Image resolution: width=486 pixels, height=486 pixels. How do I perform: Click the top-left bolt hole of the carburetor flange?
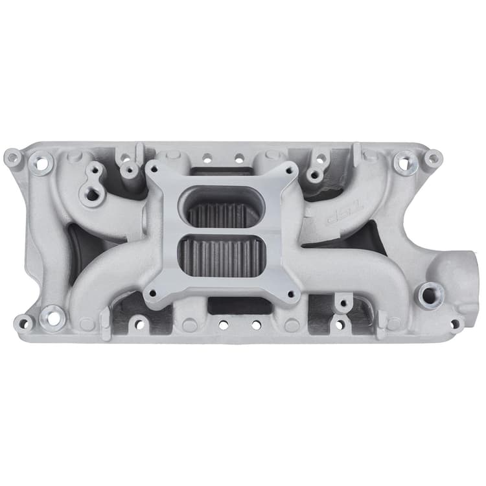pos(156,170)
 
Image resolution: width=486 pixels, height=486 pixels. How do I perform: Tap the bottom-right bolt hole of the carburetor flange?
pos(291,296)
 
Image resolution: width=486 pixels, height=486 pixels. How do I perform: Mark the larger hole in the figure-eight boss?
pos(91,194)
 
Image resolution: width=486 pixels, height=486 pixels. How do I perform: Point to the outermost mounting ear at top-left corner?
pos(12,157)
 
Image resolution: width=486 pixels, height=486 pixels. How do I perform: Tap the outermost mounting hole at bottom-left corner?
pos(24,322)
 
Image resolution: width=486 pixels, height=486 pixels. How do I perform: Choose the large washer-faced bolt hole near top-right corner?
pos(406,163)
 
